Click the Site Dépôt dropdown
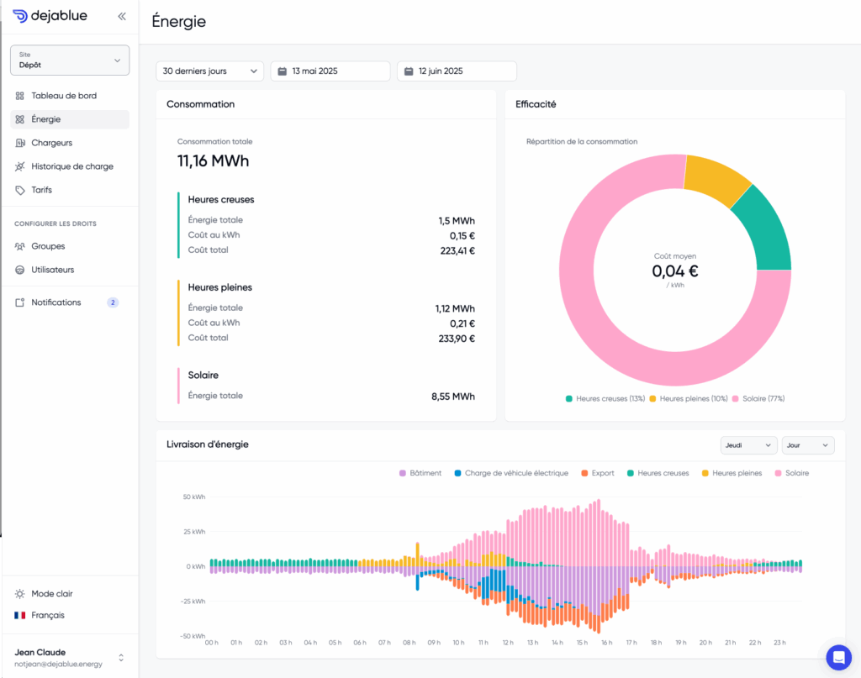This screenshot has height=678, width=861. pos(70,60)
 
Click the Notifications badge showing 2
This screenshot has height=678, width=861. pos(113,302)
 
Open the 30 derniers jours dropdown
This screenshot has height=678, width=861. pos(209,71)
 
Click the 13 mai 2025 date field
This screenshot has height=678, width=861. pos(330,71)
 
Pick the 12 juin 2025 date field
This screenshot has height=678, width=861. pos(457,71)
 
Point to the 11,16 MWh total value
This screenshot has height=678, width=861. pos(213,160)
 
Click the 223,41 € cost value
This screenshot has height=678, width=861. pos(457,250)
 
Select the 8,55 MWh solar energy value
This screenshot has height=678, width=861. pos(453,396)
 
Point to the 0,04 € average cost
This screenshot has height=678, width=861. pos(675,271)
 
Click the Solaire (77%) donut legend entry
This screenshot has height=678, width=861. pos(758,399)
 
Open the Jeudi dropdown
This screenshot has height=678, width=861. pos(748,445)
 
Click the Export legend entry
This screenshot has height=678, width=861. pos(598,473)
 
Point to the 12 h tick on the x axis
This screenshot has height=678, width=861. pos(508,643)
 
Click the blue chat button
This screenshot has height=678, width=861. pos(838,657)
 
